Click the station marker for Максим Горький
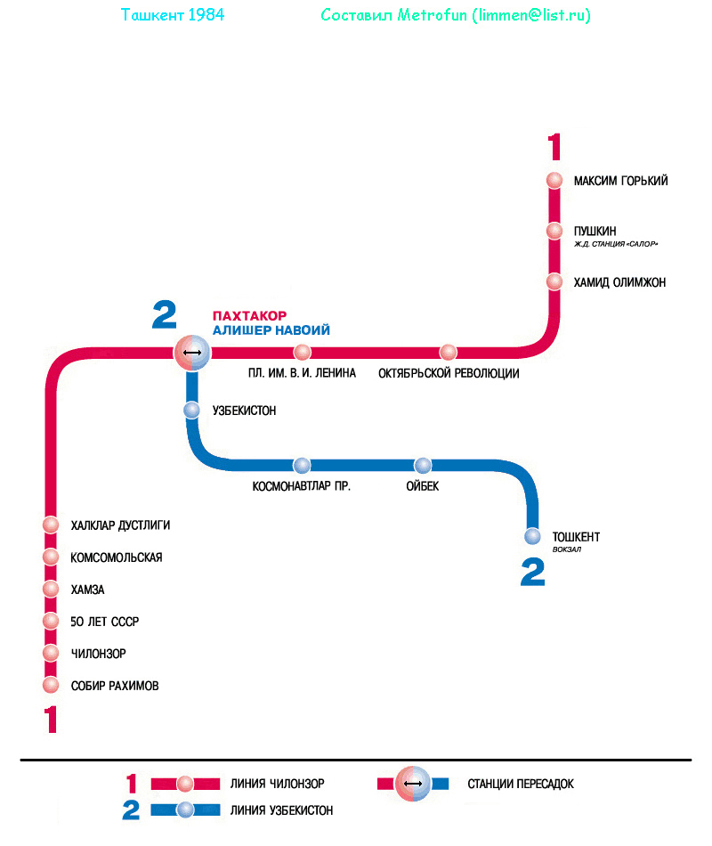coord(554,180)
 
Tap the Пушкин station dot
coord(554,231)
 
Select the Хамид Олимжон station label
coord(619,282)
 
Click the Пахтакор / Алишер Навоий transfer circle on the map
coord(191,353)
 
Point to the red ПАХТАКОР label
coord(249,315)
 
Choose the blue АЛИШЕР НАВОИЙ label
coord(271,330)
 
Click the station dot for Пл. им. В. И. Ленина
coord(303,352)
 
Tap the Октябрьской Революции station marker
coord(448,352)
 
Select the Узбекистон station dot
coord(191,411)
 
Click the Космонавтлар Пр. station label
coord(302,486)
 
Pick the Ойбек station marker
coord(423,465)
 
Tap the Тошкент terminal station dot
coord(532,536)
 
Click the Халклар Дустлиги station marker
coord(51,525)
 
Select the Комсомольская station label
coord(117,557)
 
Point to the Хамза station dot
coord(51,590)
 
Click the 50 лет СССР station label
coord(105,622)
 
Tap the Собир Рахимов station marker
coord(51,686)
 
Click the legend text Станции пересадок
coord(521,784)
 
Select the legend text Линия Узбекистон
coord(281,810)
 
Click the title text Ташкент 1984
coord(172,15)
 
